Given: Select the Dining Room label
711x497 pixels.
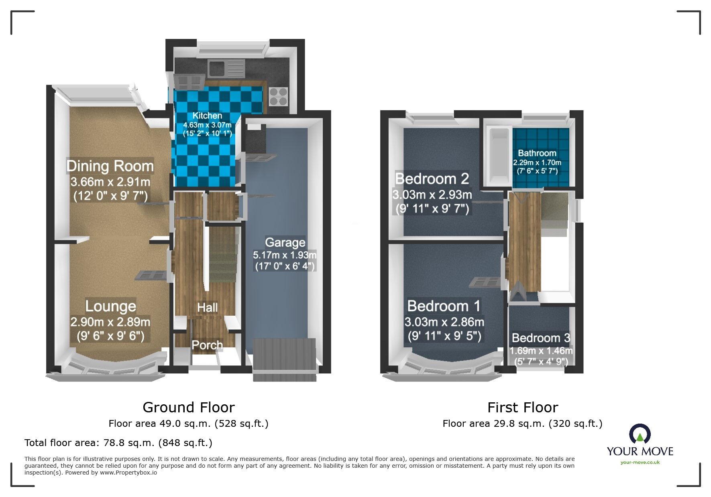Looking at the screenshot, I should [110, 166].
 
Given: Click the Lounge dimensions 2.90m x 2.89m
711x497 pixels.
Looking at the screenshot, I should [110, 322].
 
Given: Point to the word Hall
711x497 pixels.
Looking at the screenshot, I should [207, 308].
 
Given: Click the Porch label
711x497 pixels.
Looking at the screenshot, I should [207, 345].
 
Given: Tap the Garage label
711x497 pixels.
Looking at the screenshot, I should [285, 242].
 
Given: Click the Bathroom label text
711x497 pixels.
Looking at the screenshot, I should [537, 153].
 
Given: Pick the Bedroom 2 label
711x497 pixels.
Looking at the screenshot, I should [432, 179].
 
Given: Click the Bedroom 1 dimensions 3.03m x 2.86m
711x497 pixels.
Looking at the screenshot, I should [444, 322].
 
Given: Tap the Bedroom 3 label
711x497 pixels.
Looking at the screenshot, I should [541, 338].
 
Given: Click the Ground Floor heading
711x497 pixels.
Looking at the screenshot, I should [188, 408].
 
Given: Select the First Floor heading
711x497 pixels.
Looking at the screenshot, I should [522, 408].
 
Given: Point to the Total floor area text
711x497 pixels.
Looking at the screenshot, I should [118, 443].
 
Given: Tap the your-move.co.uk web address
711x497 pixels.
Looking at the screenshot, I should [640, 463].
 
